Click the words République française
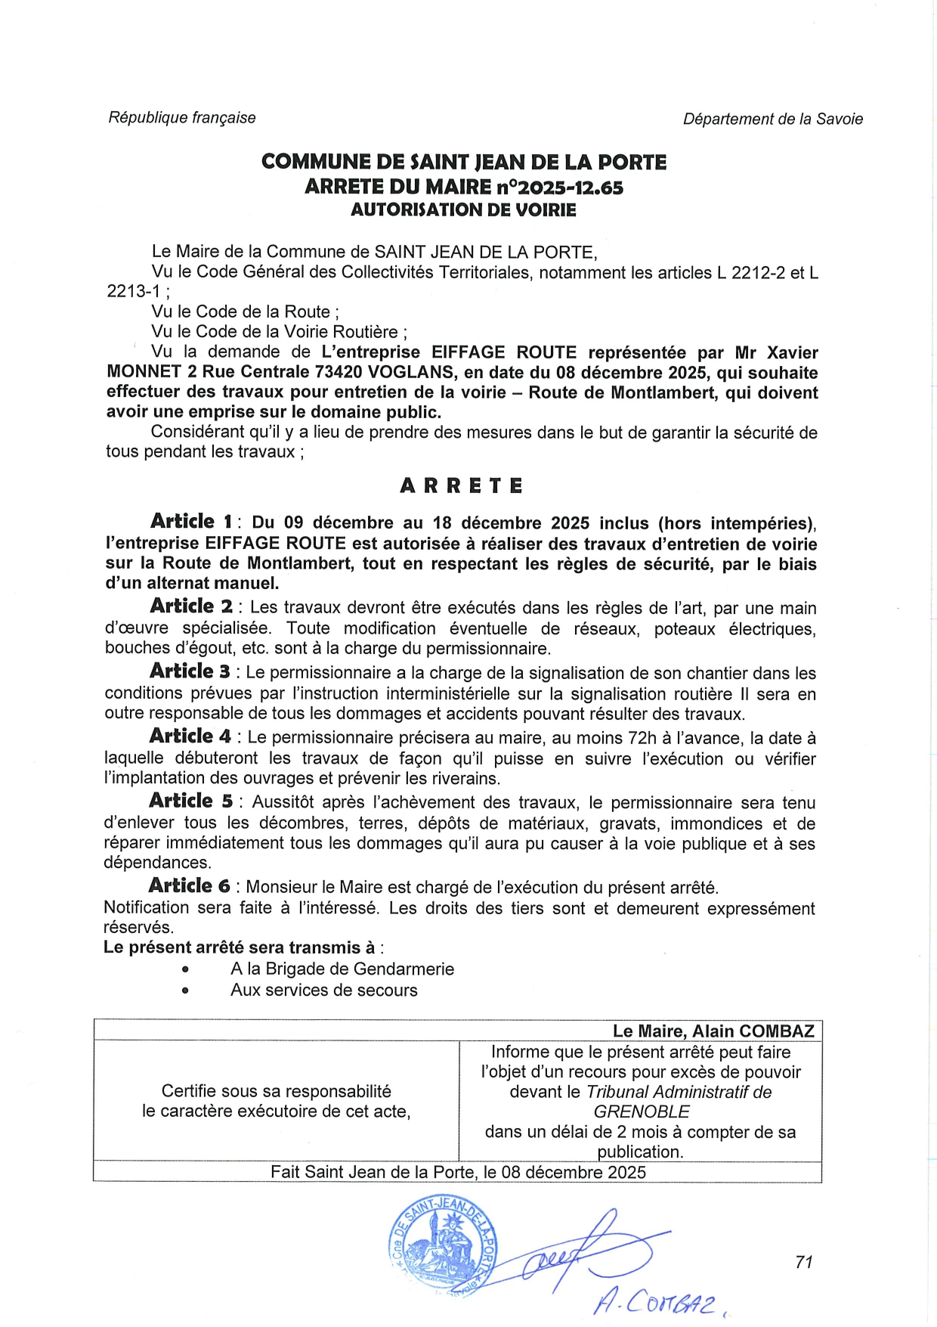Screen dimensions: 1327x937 click(182, 118)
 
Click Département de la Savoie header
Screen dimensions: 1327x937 click(772, 119)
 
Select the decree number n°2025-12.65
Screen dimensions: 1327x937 click(559, 187)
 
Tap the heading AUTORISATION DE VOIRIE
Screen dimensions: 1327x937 click(463, 210)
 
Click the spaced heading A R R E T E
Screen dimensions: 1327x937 click(461, 486)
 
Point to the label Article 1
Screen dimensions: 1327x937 click(191, 522)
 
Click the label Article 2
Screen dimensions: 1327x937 click(191, 606)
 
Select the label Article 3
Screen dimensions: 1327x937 click(190, 671)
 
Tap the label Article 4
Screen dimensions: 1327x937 click(190, 736)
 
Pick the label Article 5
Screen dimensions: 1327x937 click(190, 801)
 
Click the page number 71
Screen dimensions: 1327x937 click(804, 1261)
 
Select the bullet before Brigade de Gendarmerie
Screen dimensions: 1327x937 click(185, 970)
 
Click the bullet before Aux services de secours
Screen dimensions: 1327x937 click(185, 991)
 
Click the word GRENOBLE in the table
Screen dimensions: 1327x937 click(641, 1112)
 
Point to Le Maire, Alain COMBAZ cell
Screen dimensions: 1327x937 click(713, 1031)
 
